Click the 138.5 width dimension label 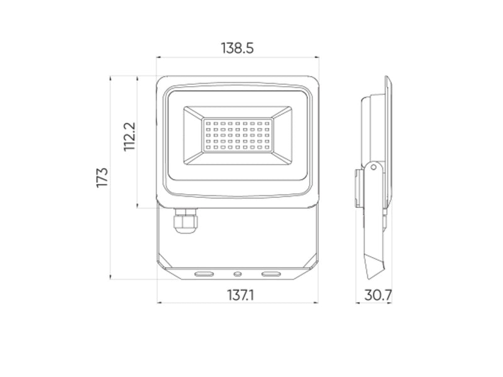[x=238, y=48]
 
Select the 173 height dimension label [x=102, y=177]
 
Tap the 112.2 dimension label [x=130, y=136]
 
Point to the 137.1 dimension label [x=241, y=295]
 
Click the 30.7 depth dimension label [x=378, y=295]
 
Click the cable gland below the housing [x=185, y=221]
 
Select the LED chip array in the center [x=238, y=135]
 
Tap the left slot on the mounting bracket [x=204, y=274]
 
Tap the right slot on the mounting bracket [x=271, y=274]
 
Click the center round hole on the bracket [x=238, y=274]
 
